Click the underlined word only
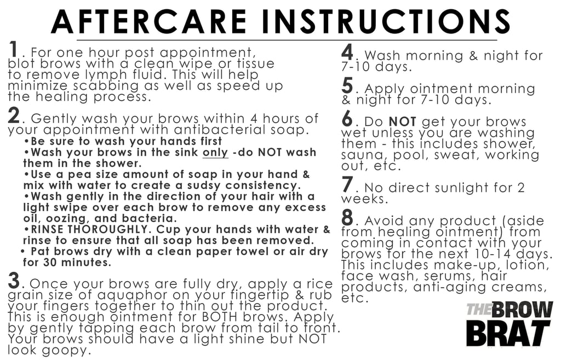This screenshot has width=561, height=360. (x=215, y=152)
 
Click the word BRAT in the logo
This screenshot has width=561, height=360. (x=508, y=332)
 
